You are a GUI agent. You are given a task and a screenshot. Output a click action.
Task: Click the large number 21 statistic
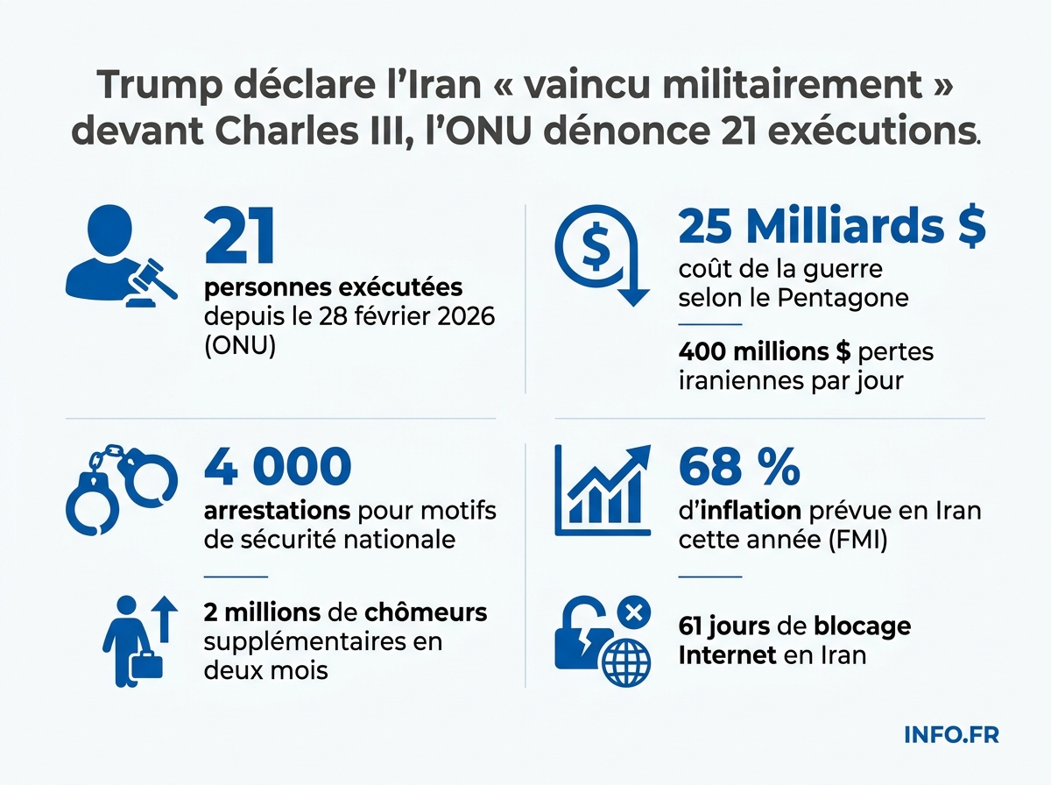(x=240, y=237)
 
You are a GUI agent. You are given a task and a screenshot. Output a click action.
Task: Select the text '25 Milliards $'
(x=832, y=228)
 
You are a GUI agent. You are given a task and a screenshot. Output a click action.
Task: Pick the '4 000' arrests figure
(x=277, y=469)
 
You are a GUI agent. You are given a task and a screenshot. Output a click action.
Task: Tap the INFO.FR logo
(x=951, y=734)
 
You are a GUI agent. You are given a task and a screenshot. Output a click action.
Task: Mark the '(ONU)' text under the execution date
(x=239, y=346)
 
